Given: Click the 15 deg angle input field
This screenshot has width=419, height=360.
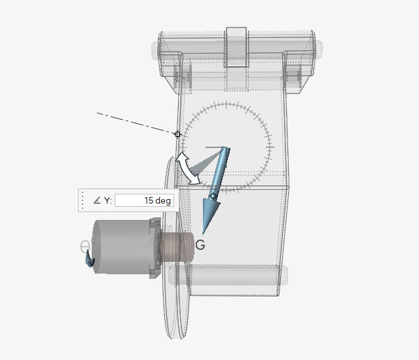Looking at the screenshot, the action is tap(144, 200).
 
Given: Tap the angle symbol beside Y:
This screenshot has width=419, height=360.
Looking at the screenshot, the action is tap(97, 200).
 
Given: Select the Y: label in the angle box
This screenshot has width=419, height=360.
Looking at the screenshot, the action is tap(107, 200).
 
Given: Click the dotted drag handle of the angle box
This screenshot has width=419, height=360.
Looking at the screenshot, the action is tap(82, 200).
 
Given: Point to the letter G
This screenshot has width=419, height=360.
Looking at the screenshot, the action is tap(200, 245).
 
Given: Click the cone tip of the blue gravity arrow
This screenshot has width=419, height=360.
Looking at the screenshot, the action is tap(203, 235).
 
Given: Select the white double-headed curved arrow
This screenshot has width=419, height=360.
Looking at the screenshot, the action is tap(188, 168).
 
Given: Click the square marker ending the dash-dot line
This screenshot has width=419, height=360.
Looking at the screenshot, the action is tap(177, 134).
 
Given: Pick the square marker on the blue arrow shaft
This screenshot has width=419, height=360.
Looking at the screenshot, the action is tap(213, 196).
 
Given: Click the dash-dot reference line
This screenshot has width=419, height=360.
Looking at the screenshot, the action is tap(136, 123).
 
